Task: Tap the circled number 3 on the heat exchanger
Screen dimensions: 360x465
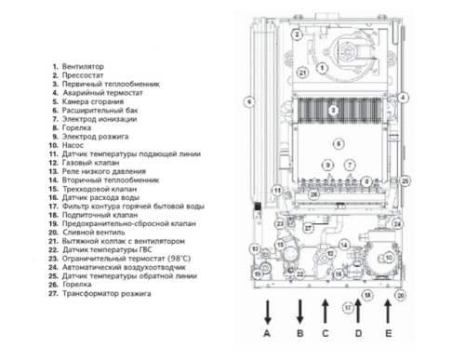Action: tap(332, 110)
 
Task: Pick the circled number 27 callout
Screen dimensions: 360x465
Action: tap(307, 226)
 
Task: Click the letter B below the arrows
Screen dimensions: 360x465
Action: tap(299, 333)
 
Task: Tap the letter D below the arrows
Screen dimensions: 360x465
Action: tap(357, 333)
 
